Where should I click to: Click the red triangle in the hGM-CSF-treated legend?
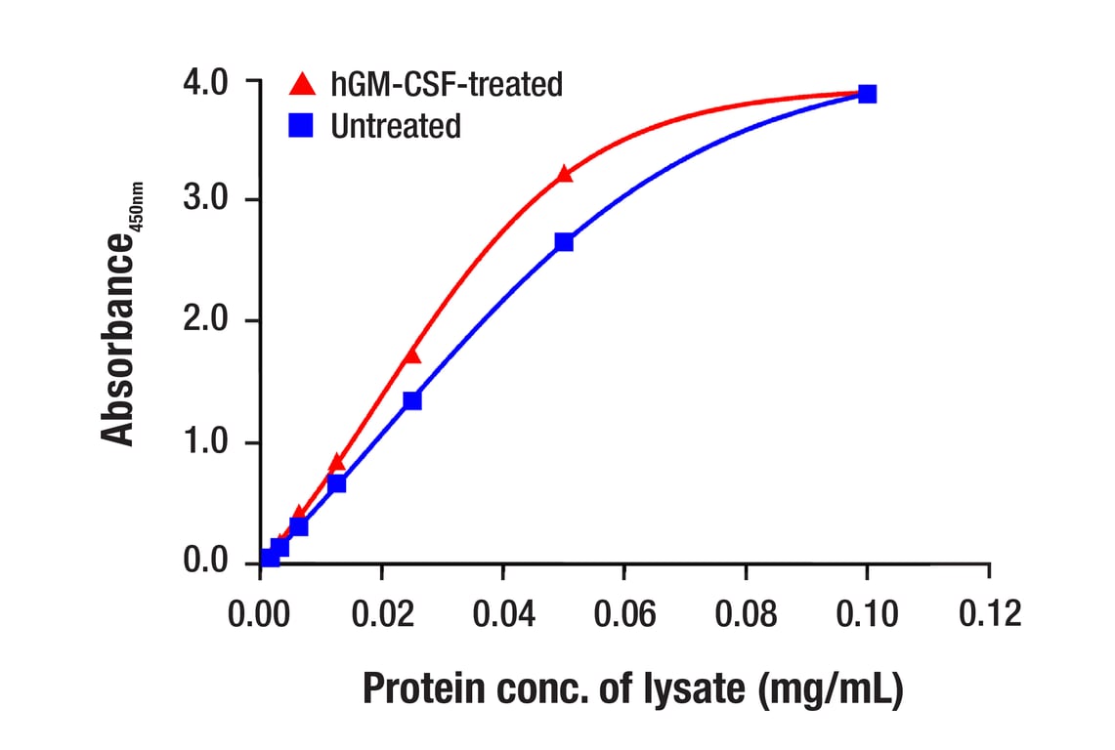(x=303, y=84)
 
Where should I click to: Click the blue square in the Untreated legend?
(x=302, y=126)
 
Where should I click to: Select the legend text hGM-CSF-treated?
(x=447, y=85)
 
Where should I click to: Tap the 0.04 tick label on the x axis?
(x=502, y=613)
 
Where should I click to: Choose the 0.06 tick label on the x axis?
(x=624, y=613)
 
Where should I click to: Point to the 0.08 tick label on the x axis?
(x=746, y=613)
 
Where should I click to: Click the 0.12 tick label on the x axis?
(x=988, y=613)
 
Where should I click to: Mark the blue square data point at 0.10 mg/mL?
(x=867, y=94)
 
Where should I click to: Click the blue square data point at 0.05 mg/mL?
(x=564, y=242)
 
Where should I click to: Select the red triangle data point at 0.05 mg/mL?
(x=564, y=175)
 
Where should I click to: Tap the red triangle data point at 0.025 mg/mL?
(x=412, y=354)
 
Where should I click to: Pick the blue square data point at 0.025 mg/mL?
(x=412, y=400)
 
